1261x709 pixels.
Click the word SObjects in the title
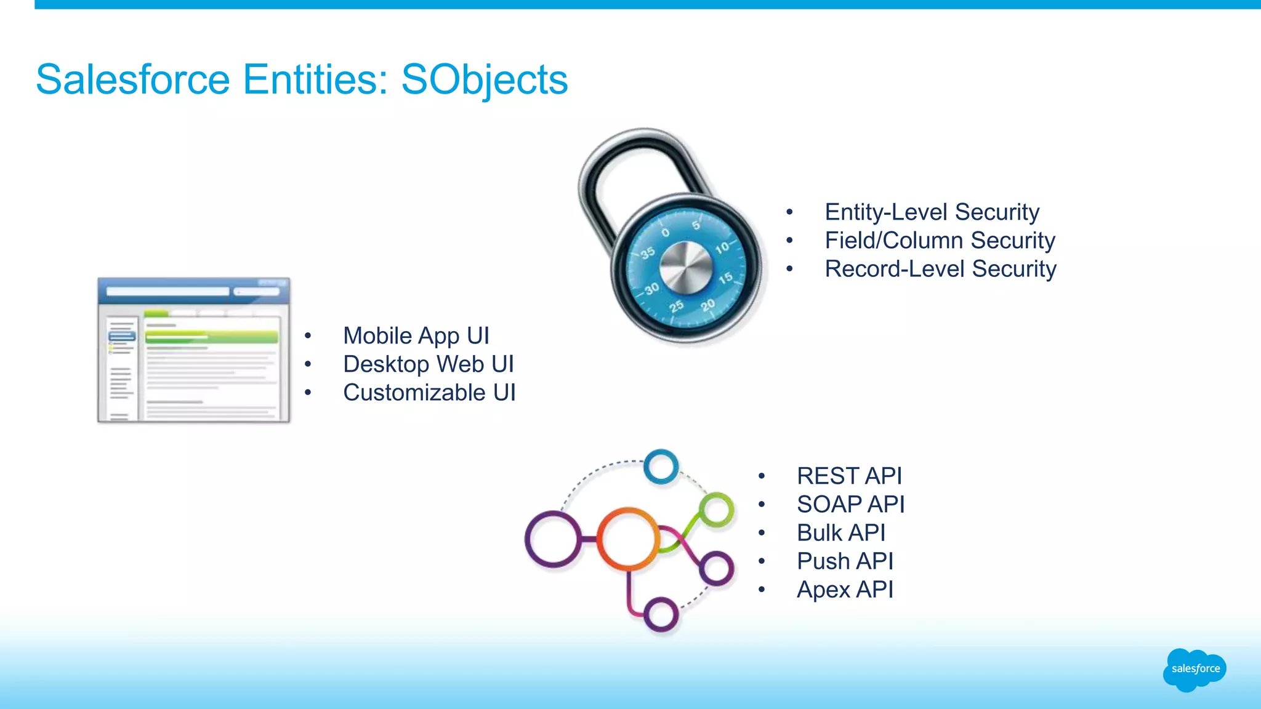pos(484,80)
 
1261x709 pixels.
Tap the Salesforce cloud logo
pos(1195,670)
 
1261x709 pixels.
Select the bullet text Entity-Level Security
pos(932,212)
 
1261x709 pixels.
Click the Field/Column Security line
pos(940,241)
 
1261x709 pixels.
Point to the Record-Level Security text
pos(940,269)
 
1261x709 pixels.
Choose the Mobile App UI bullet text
pos(416,336)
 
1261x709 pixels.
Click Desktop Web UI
pos(428,364)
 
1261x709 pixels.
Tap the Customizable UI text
pos(429,393)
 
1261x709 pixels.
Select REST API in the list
pos(849,476)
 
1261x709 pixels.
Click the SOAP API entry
pos(850,505)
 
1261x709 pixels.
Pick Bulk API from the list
pos(841,533)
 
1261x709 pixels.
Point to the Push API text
pos(845,561)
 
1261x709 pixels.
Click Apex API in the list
pos(845,590)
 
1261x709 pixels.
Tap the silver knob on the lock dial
pos(686,268)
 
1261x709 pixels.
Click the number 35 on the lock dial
pos(647,253)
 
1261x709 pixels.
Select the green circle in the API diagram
pos(717,510)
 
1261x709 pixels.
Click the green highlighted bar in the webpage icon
pos(211,337)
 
